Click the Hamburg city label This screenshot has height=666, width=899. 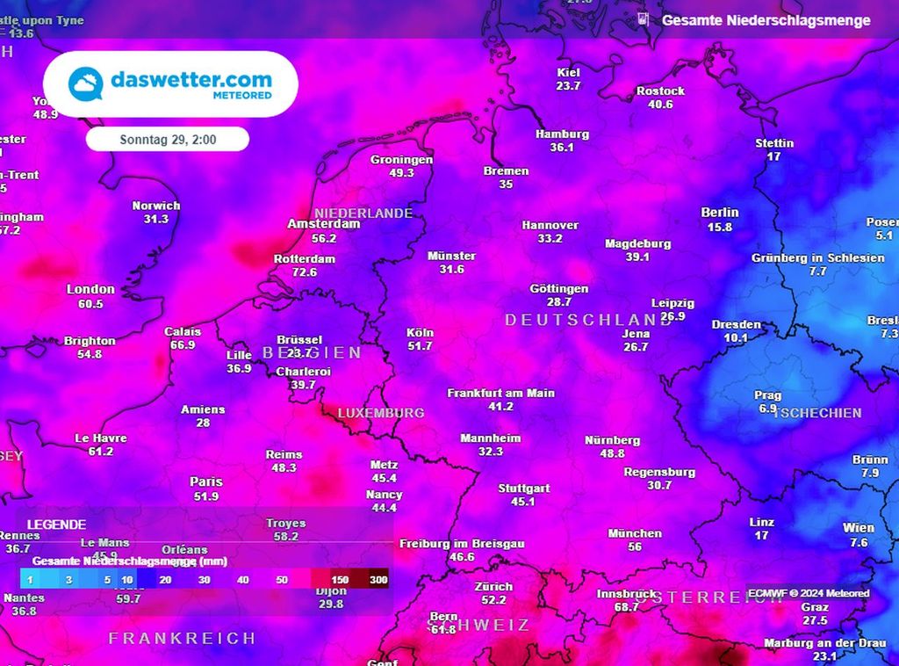click(x=562, y=134)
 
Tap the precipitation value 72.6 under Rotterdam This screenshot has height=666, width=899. click(x=305, y=273)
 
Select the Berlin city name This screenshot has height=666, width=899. click(x=720, y=213)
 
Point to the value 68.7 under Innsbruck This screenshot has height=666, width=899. click(x=626, y=608)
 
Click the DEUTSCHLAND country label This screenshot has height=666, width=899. click(x=588, y=321)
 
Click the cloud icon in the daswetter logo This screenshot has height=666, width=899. click(x=86, y=83)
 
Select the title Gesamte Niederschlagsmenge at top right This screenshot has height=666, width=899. click(x=766, y=20)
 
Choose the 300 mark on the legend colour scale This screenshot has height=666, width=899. click(x=378, y=581)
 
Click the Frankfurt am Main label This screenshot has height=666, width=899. click(x=500, y=393)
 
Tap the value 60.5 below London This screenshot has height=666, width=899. click(x=90, y=304)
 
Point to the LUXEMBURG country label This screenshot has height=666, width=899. click(x=381, y=413)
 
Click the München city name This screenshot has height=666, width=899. click(x=635, y=533)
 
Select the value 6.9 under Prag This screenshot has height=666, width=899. click(x=767, y=409)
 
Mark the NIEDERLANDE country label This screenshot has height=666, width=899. click(x=363, y=214)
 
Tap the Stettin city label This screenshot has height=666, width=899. click(x=774, y=143)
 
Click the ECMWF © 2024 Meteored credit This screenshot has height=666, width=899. click(x=809, y=594)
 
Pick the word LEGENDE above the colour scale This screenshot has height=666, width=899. click(x=56, y=524)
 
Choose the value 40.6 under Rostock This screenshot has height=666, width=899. click(x=660, y=105)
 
